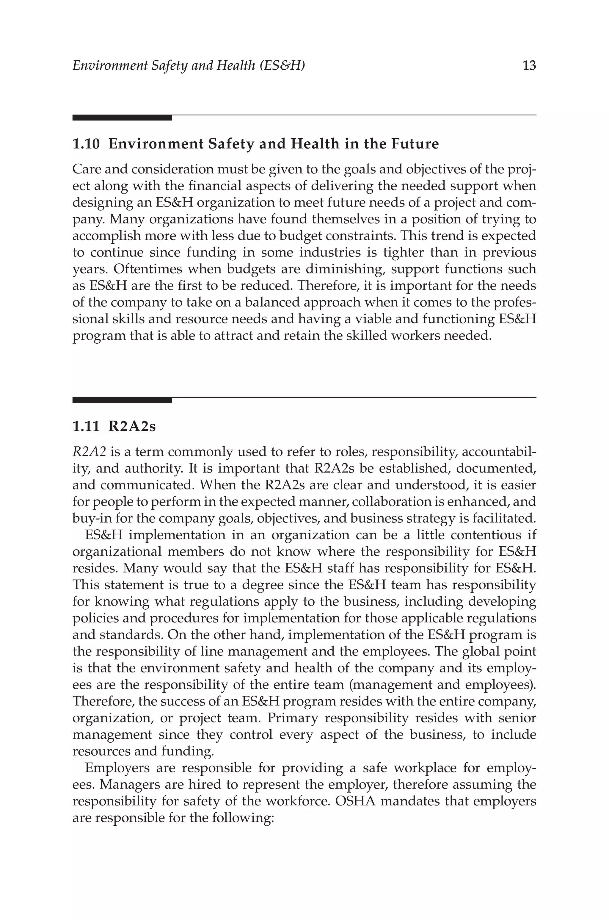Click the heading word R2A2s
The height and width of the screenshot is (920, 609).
(132, 427)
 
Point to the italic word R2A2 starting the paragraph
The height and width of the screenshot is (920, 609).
(89, 452)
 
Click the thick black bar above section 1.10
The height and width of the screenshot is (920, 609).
(122, 118)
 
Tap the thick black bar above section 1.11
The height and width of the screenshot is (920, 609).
(122, 400)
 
